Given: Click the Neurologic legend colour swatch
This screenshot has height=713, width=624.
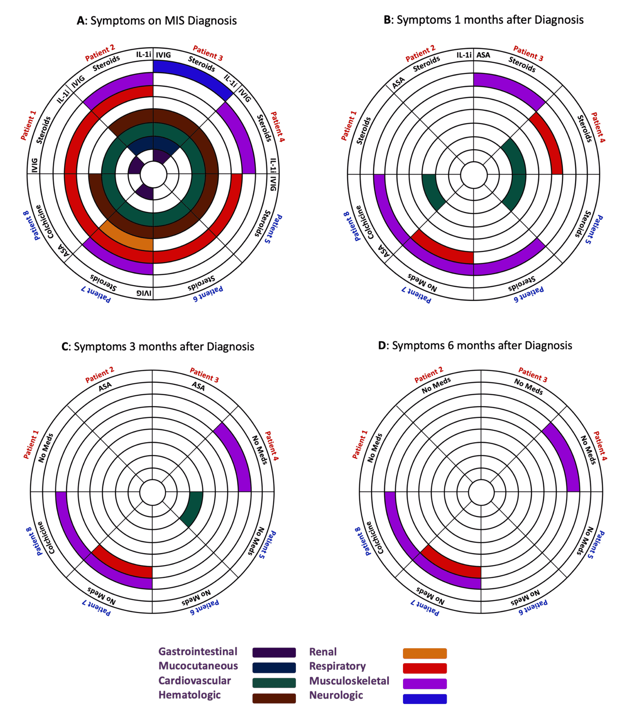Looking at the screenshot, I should [425, 699].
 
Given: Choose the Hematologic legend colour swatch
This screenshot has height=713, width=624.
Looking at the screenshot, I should [274, 698].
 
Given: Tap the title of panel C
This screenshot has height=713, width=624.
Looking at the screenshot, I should [158, 347].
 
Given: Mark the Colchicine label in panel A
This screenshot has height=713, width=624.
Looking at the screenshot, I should [45, 222].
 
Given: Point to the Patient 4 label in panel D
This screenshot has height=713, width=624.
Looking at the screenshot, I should [600, 446].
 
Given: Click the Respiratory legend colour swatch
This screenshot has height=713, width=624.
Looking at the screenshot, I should [425, 668].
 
